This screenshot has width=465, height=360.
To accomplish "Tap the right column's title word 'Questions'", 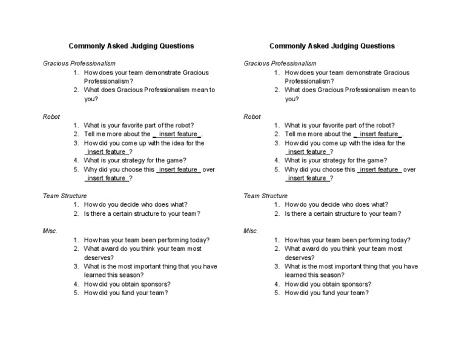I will [375, 46].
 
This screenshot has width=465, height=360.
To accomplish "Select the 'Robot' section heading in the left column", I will [51, 116].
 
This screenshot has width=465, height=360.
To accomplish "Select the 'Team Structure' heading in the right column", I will [265, 196].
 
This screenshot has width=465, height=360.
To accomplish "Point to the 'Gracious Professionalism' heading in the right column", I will [280, 63].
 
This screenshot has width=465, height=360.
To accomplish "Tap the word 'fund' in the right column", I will [325, 293].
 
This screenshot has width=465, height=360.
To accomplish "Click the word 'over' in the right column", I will [409, 170].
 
